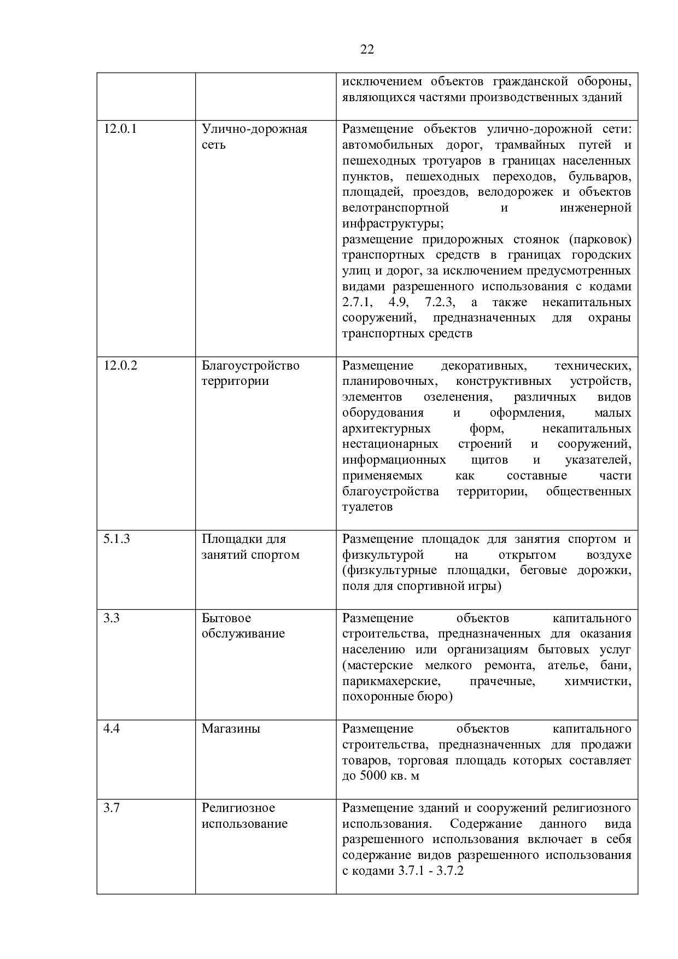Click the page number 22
[x=367, y=50]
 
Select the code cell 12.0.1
[x=120, y=129]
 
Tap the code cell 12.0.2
[x=120, y=365]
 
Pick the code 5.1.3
[x=116, y=539]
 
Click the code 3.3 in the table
[x=112, y=618]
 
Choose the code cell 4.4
[x=112, y=729]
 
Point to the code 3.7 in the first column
[x=112, y=808]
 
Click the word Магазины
[x=231, y=729]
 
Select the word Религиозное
[x=238, y=808]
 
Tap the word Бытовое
[x=226, y=618]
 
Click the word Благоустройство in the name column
[x=250, y=365]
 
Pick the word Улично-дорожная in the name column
[x=254, y=129]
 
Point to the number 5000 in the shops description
[x=373, y=776]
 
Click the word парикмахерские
[x=391, y=682]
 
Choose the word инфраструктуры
[x=393, y=224]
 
